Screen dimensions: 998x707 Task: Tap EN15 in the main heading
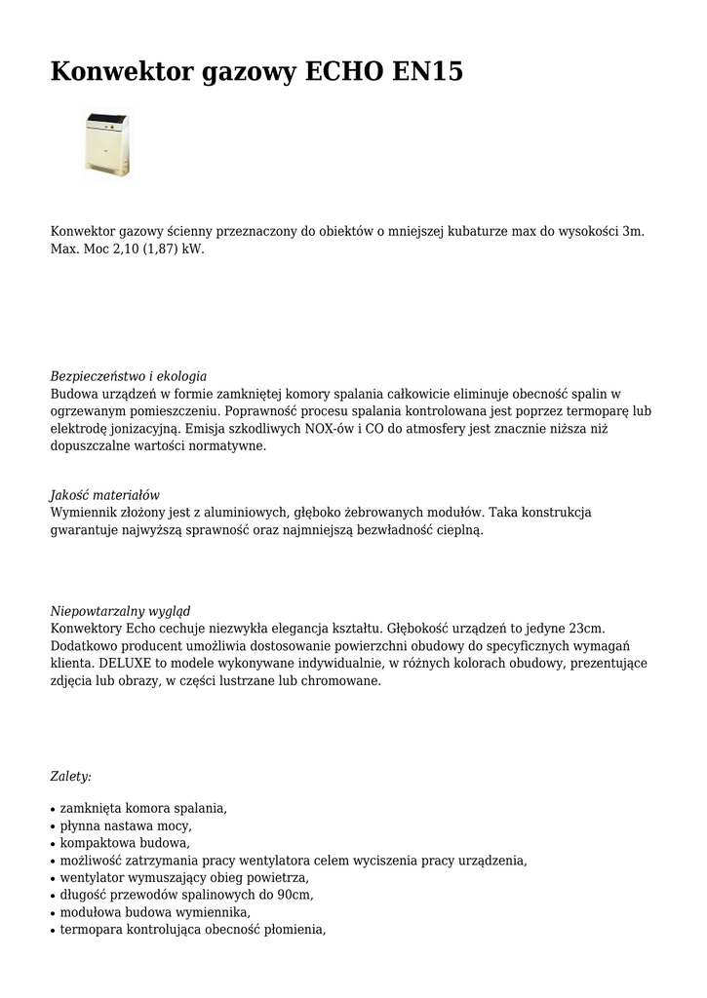pos(427,73)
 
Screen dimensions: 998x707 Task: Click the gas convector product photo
pos(106,145)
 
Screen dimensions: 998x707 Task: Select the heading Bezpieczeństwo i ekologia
pos(128,376)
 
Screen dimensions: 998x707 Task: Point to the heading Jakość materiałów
pos(104,495)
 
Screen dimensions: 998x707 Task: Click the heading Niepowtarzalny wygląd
pos(120,611)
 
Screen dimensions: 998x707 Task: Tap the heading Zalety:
pos(70,777)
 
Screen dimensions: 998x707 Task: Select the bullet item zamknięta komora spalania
pos(142,808)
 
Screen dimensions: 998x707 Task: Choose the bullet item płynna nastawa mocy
pos(124,825)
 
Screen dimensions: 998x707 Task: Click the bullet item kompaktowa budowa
pos(124,843)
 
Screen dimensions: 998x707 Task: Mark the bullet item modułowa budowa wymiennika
pos(154,912)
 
